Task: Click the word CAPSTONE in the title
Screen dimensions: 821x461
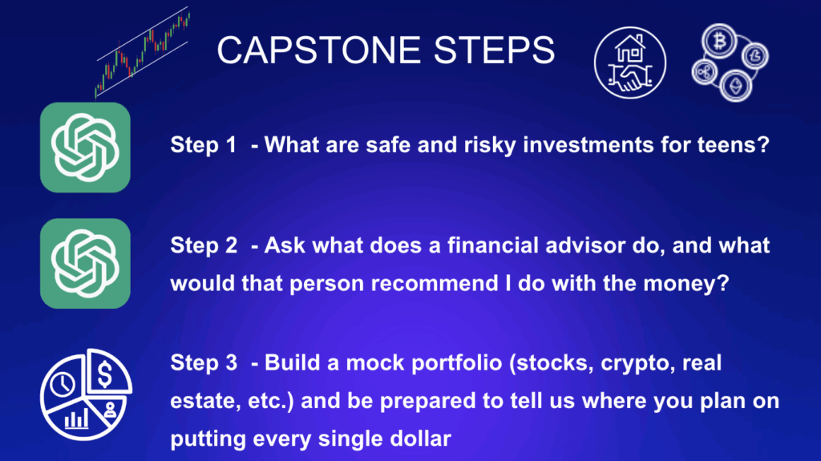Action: coord(318,51)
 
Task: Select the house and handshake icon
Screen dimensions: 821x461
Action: coord(630,63)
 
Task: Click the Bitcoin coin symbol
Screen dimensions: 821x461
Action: coord(719,40)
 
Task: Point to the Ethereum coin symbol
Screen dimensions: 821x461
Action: coord(736,86)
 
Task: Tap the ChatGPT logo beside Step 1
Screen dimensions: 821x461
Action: coord(85,148)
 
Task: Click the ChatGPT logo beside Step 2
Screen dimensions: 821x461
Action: coord(85,263)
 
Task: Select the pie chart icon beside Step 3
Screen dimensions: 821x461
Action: coord(86,394)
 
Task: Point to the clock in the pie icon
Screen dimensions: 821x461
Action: coord(63,385)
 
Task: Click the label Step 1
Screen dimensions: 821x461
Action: coord(203,145)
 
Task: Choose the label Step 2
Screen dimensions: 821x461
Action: coord(204,245)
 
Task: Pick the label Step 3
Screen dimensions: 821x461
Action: coord(204,363)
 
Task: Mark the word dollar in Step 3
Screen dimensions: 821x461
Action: coord(421,439)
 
